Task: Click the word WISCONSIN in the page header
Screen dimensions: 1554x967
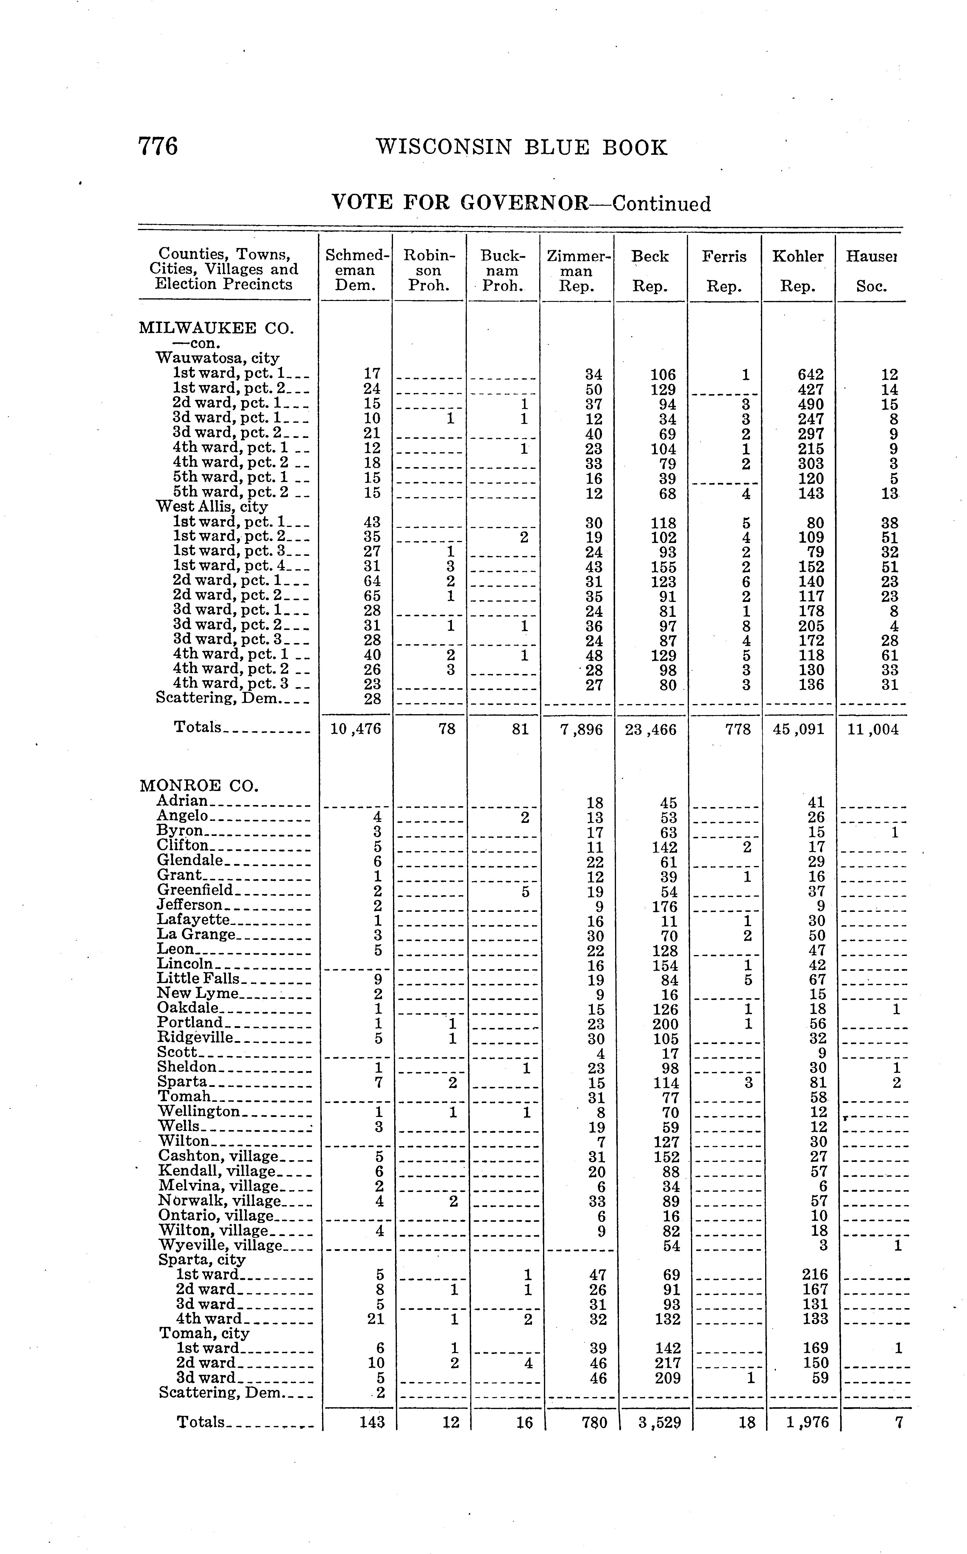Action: coord(444,148)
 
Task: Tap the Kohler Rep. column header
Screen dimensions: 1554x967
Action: coord(798,271)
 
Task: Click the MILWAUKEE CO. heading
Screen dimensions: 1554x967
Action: coord(216,329)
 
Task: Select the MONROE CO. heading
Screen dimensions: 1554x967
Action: coord(199,785)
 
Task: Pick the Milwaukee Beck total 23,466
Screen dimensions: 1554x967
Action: coord(651,729)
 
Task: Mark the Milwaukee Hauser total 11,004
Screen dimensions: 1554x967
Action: coord(872,729)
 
